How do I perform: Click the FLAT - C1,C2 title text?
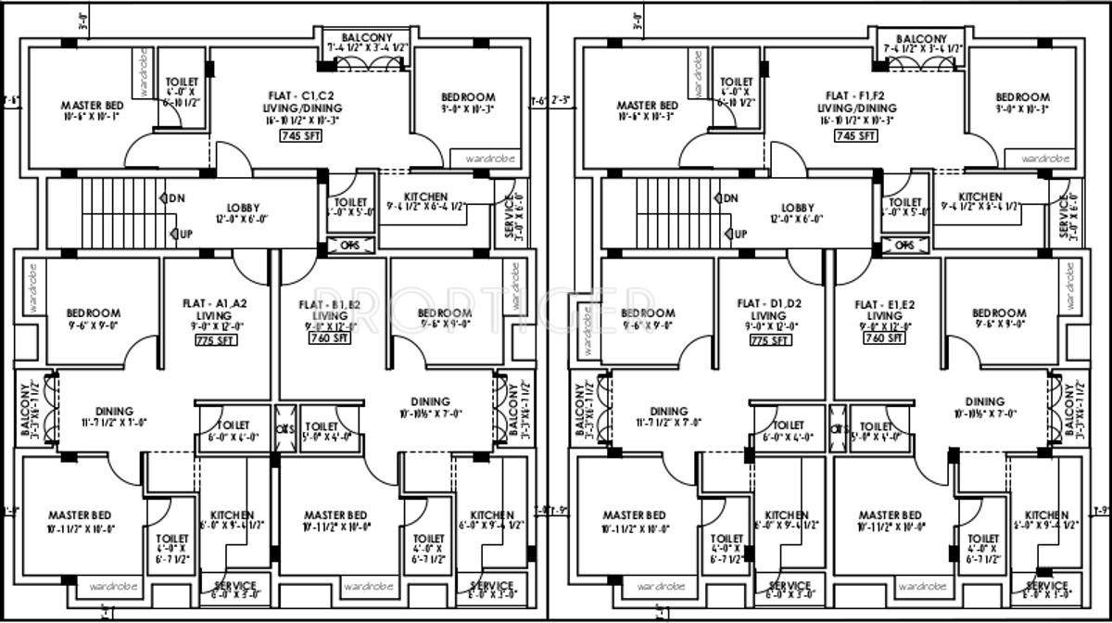click(299, 95)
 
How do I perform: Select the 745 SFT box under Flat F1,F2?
click(856, 136)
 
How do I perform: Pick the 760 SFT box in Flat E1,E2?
click(884, 339)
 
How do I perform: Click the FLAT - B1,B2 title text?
click(330, 304)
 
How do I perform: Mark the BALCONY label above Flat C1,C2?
click(367, 37)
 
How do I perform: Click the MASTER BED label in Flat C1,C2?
click(93, 106)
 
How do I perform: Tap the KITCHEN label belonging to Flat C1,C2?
click(426, 197)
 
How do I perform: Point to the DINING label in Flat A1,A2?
click(113, 411)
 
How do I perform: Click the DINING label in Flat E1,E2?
click(984, 401)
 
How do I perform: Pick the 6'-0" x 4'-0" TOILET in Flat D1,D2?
click(787, 425)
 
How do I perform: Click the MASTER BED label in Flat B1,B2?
click(335, 515)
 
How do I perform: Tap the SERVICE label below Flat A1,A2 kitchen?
click(234, 586)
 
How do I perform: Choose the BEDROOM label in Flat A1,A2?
click(94, 313)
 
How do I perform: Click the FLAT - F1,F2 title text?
click(855, 95)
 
